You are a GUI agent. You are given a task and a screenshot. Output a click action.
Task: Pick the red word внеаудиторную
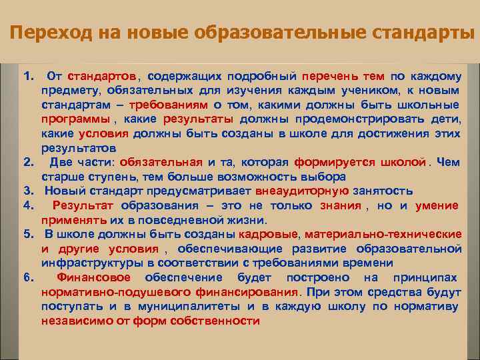(x=293, y=191)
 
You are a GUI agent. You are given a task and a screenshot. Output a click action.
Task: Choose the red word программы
(x=75, y=119)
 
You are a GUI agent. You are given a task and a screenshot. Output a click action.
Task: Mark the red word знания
(x=339, y=205)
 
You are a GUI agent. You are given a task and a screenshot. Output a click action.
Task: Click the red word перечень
(x=329, y=76)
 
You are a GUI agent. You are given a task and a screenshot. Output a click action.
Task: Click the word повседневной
(x=163, y=220)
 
